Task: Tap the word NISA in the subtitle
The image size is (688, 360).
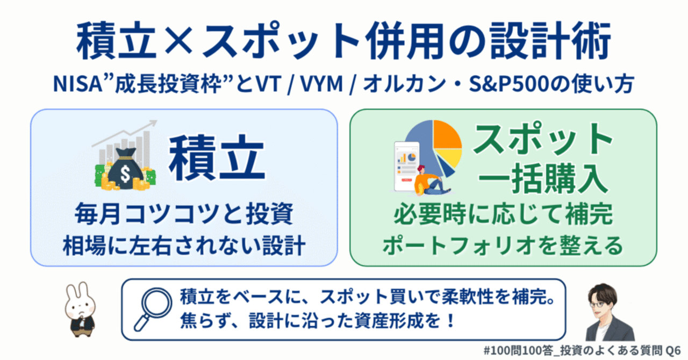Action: click(x=77, y=84)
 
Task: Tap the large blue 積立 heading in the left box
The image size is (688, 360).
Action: click(x=217, y=158)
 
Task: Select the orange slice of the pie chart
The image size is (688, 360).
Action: click(x=447, y=134)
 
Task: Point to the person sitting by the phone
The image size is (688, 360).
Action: click(x=431, y=181)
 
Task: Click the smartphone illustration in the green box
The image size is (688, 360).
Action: click(x=407, y=166)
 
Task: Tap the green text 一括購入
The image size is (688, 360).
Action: click(x=543, y=178)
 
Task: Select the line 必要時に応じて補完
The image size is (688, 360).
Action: click(x=504, y=214)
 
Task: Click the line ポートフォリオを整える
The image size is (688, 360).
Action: click(x=503, y=246)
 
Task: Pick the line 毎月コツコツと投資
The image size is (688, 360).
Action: click(x=184, y=214)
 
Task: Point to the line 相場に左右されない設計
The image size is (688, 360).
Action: click(x=184, y=246)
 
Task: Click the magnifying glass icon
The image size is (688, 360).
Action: click(x=153, y=309)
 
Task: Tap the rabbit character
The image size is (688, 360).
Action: click(x=80, y=310)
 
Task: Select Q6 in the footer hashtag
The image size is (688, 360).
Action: click(x=672, y=350)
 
